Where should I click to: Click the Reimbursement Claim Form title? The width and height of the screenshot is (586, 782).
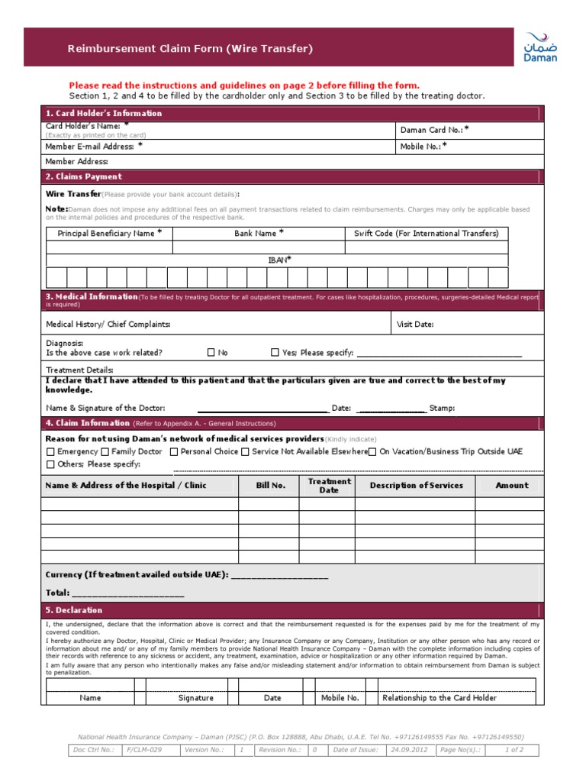(x=190, y=49)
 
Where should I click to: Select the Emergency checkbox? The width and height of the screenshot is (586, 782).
(x=50, y=451)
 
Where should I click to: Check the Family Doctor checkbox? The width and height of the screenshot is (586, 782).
(x=105, y=451)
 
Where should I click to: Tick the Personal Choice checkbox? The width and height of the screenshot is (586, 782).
(x=175, y=451)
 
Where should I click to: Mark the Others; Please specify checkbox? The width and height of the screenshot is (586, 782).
(x=50, y=464)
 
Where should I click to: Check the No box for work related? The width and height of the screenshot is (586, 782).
(x=211, y=353)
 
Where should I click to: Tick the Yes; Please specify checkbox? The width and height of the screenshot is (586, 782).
(x=275, y=353)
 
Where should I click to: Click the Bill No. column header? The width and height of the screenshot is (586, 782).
(x=269, y=486)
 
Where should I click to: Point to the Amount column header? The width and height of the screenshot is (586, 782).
(x=511, y=486)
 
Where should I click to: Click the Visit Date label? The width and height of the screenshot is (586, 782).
(x=415, y=325)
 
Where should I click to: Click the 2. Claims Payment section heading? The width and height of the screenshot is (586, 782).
(x=83, y=176)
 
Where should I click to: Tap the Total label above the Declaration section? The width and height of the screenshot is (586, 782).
(x=57, y=593)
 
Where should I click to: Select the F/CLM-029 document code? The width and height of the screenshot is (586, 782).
(x=145, y=750)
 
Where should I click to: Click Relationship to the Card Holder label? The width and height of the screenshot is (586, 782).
(x=439, y=698)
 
